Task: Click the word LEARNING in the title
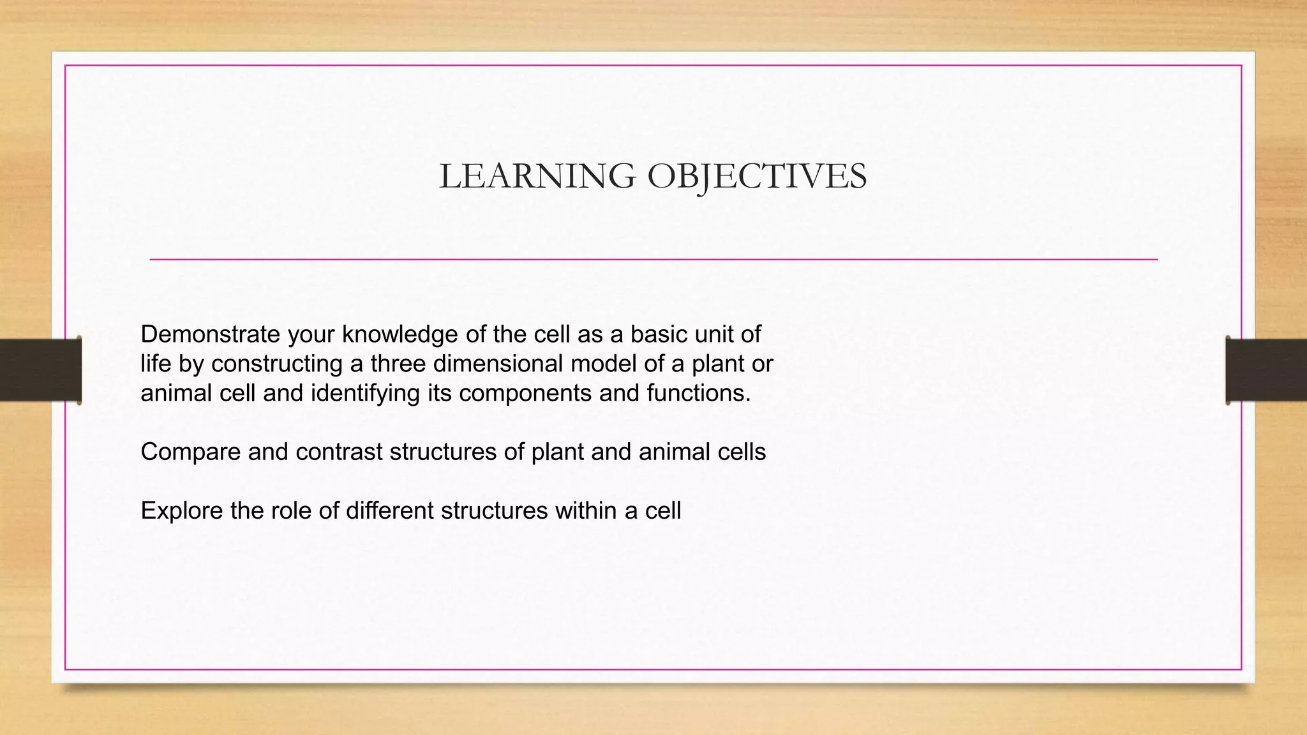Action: pos(537,176)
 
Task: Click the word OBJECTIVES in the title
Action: pos(757,176)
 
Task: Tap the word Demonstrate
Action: pos(210,334)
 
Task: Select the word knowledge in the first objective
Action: pos(392,334)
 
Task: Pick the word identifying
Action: pos(364,393)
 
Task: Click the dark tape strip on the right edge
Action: pos(1266,370)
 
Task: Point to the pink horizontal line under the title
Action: pos(653,260)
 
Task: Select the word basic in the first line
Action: pos(659,334)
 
